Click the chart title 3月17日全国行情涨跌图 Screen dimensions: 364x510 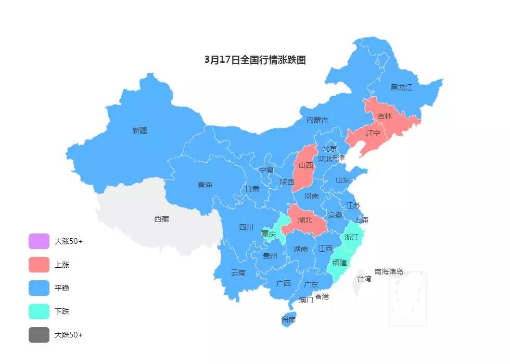(x=255, y=60)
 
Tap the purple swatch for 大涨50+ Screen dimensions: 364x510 (x=39, y=241)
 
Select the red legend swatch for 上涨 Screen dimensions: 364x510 (x=39, y=265)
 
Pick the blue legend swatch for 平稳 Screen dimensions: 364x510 (x=39, y=288)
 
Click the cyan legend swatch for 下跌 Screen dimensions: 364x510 (x=39, y=311)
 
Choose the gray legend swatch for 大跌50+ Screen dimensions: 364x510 (x=39, y=335)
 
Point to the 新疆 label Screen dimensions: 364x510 (x=139, y=131)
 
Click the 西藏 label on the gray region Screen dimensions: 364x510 (x=161, y=219)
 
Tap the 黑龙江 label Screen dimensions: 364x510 (x=401, y=87)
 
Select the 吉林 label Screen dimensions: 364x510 (x=385, y=116)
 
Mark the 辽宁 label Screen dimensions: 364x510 (x=373, y=133)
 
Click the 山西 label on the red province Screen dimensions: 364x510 (x=306, y=165)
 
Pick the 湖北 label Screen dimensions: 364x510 (x=305, y=220)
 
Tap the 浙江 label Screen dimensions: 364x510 (x=352, y=237)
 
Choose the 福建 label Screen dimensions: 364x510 (x=339, y=263)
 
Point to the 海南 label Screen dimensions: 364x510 (x=288, y=319)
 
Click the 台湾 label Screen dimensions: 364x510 (x=364, y=279)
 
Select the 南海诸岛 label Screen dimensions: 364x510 (x=389, y=271)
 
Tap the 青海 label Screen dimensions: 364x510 (x=205, y=185)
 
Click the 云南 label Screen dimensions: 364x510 (x=238, y=272)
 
